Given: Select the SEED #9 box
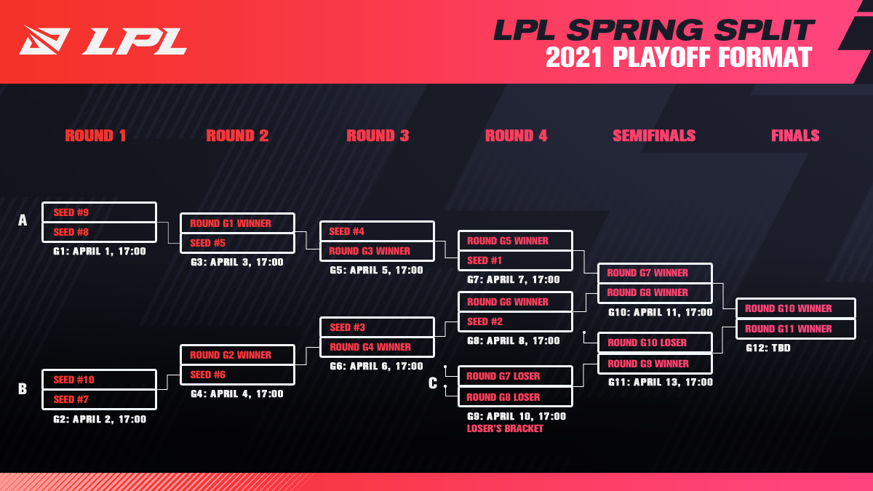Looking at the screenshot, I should [100, 212].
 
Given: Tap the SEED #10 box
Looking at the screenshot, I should [100, 380].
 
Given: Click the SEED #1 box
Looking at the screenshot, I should [515, 260].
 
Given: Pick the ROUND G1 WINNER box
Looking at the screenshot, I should [237, 223].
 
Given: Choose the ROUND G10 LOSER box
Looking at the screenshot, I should [655, 343].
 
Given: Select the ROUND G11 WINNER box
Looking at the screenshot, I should [795, 329].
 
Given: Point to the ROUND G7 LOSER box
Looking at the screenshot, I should [515, 376].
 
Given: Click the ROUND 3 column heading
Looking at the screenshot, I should [378, 135].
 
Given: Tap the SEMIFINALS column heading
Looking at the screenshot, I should [654, 135].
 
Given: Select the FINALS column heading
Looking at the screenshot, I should [795, 135].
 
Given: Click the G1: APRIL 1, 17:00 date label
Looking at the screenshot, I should [100, 252].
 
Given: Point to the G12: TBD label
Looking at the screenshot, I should [768, 348].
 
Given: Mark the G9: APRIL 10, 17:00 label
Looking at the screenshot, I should [517, 417].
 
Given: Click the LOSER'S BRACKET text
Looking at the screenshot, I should [505, 428].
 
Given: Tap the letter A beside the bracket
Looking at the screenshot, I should [23, 220].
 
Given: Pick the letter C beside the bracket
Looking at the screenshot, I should [433, 383].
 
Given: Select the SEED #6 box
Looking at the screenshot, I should [237, 375].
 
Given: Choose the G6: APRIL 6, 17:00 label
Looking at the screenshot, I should [376, 367].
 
